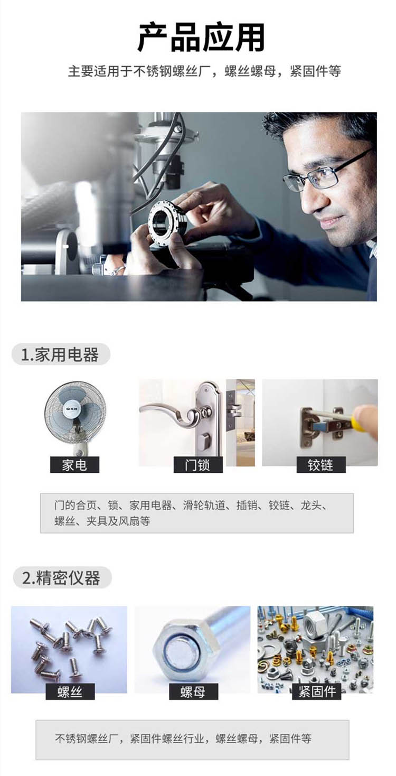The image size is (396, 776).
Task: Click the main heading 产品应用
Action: pos(201,37)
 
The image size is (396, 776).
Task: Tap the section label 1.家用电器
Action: pos(60,355)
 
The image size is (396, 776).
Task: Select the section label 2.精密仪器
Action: pos(61,577)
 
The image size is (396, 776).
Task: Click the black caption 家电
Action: pos(74,465)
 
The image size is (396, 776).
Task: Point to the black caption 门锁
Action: pos(197,465)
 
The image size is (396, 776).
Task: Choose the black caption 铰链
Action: pos(320,465)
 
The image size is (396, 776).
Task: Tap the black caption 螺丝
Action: pos(70,692)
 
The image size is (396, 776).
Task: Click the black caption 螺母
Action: pos(193,692)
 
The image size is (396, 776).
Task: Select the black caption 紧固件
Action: pos(316,692)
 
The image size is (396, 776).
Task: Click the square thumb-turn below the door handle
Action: pos(204,441)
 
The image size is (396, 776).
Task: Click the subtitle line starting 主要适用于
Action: pos(204,72)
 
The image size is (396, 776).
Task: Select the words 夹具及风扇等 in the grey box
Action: pos(118,521)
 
